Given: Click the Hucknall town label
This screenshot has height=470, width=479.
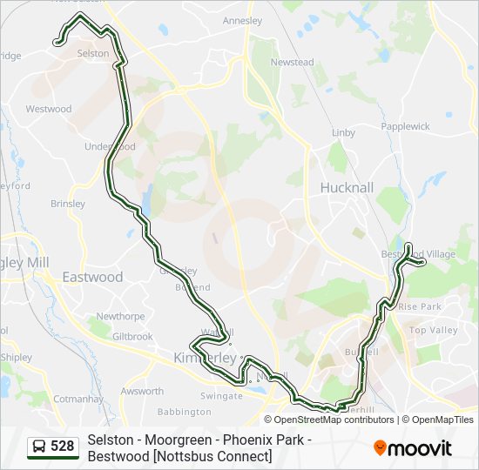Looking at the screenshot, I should tap(347, 187).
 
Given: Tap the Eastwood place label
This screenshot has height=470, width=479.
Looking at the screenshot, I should tap(92, 277).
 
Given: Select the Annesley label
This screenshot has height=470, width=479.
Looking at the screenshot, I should tap(242, 20).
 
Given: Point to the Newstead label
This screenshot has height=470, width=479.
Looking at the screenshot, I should tap(292, 63).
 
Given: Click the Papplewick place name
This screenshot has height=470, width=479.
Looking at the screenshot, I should tap(405, 126).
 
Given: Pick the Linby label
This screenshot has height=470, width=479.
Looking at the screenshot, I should tap(343, 133).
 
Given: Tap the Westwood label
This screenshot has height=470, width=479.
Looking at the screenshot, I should tap(49, 110).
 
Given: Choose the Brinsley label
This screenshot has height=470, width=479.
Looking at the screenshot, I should tap(68, 205).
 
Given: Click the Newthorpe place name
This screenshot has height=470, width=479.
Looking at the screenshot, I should tap(121, 317).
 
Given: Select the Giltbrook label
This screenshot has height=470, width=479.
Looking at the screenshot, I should tap(132, 337).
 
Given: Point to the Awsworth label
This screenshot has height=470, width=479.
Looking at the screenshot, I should tap(142, 392).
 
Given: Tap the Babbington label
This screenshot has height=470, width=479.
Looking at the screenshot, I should tap(185, 412).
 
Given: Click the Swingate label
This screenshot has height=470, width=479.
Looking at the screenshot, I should tap(222, 396).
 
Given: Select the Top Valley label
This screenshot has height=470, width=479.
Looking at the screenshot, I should tap(433, 331).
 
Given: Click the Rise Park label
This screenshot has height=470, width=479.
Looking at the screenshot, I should tap(420, 307).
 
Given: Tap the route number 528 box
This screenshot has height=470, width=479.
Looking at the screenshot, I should tap(52, 446).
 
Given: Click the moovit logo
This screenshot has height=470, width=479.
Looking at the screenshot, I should tap(413, 448).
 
